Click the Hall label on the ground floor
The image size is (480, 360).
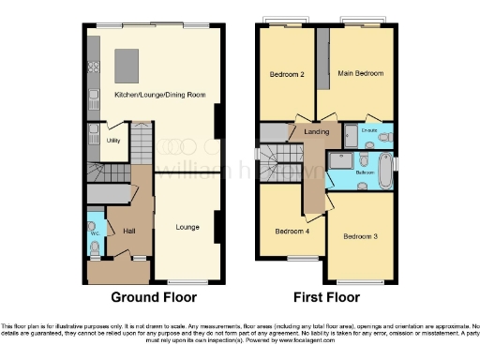click(128, 230)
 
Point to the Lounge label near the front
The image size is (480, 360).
click(188, 226)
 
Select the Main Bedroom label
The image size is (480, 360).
click(360, 72)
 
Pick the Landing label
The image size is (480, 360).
click(316, 133)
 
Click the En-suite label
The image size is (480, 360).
click(372, 131)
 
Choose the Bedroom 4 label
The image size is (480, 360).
click(292, 231)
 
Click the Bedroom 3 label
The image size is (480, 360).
click(361, 236)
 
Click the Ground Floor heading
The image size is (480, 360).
click(154, 297)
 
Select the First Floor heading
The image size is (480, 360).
click(327, 297)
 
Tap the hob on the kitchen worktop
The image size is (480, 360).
click(94, 67)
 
